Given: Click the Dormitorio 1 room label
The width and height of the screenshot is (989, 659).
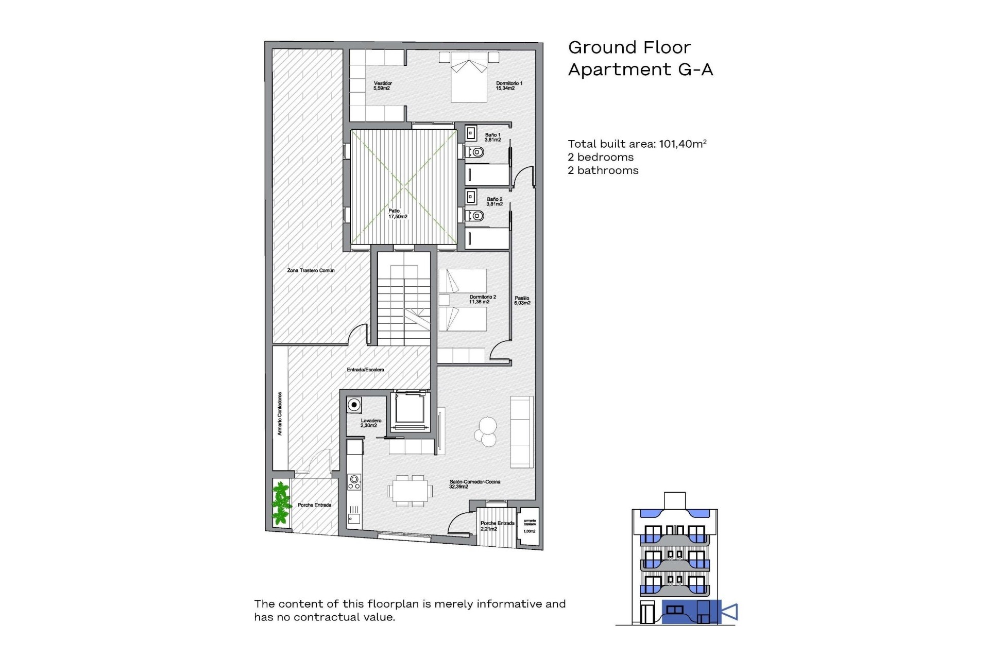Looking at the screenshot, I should (509, 85).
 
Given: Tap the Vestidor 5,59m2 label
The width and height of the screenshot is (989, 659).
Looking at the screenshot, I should (383, 85).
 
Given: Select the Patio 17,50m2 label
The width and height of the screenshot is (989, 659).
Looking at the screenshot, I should (397, 214).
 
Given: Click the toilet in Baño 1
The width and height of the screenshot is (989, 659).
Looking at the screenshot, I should (475, 152).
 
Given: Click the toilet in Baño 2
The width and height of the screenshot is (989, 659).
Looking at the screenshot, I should (475, 216).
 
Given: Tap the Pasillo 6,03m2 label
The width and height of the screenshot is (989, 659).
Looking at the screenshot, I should (522, 301).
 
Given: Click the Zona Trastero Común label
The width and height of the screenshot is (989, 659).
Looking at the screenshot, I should (311, 270).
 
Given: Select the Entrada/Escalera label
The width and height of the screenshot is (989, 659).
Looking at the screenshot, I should (365, 370).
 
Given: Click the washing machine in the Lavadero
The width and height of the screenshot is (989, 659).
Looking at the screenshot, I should (354, 405).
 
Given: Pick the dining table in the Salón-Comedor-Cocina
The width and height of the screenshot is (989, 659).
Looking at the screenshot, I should (410, 491).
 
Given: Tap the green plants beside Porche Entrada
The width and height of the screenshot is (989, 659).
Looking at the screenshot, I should (281, 503).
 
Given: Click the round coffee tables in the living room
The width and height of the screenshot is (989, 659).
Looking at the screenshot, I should (486, 431).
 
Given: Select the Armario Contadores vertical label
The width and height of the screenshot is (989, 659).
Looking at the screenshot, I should (280, 414).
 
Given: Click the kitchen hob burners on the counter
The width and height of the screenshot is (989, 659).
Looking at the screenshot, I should (354, 482).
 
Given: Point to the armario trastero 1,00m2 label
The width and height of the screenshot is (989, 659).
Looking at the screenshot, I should (530, 526).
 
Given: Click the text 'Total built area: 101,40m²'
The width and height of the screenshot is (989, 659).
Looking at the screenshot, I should (637, 144).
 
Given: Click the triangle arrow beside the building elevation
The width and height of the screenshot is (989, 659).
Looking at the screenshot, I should (730, 612).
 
